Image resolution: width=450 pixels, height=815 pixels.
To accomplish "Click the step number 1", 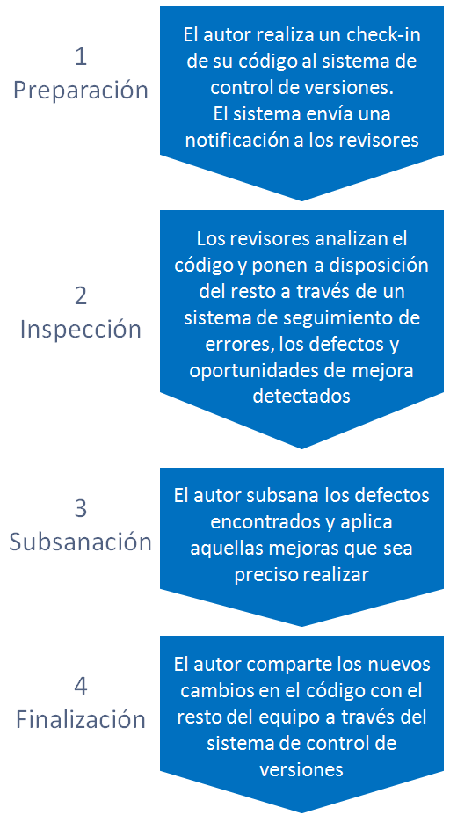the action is point(81,57).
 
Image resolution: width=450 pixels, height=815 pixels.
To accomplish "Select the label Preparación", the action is point(81,90).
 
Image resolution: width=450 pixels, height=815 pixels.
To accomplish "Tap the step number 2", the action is point(81,296).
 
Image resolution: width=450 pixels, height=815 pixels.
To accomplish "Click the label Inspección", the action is point(81,330).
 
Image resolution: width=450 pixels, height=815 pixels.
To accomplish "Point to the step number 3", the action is point(81,508).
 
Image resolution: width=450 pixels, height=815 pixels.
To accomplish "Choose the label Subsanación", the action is point(81,542).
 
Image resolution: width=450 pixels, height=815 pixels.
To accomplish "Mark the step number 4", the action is point(81,687).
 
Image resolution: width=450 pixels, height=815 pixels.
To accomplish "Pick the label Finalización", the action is point(81,719).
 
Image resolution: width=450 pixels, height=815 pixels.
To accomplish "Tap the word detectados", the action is point(301,397).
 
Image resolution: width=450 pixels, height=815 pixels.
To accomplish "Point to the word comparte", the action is point(292,665).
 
